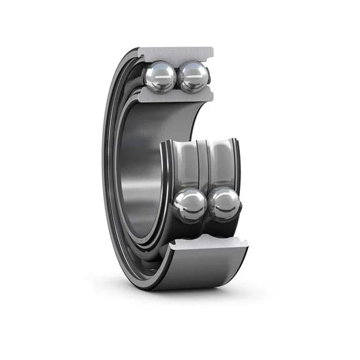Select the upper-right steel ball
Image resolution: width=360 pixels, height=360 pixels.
[x=194, y=77]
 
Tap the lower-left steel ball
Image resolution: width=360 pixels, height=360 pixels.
[x=191, y=205]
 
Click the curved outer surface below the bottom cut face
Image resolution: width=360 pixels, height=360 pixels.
[x=204, y=270]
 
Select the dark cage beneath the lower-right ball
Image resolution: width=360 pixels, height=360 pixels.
[x=225, y=226]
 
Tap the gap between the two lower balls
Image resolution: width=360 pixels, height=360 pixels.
[x=208, y=205]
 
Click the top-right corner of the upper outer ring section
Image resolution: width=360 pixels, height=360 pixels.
[x=212, y=47]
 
